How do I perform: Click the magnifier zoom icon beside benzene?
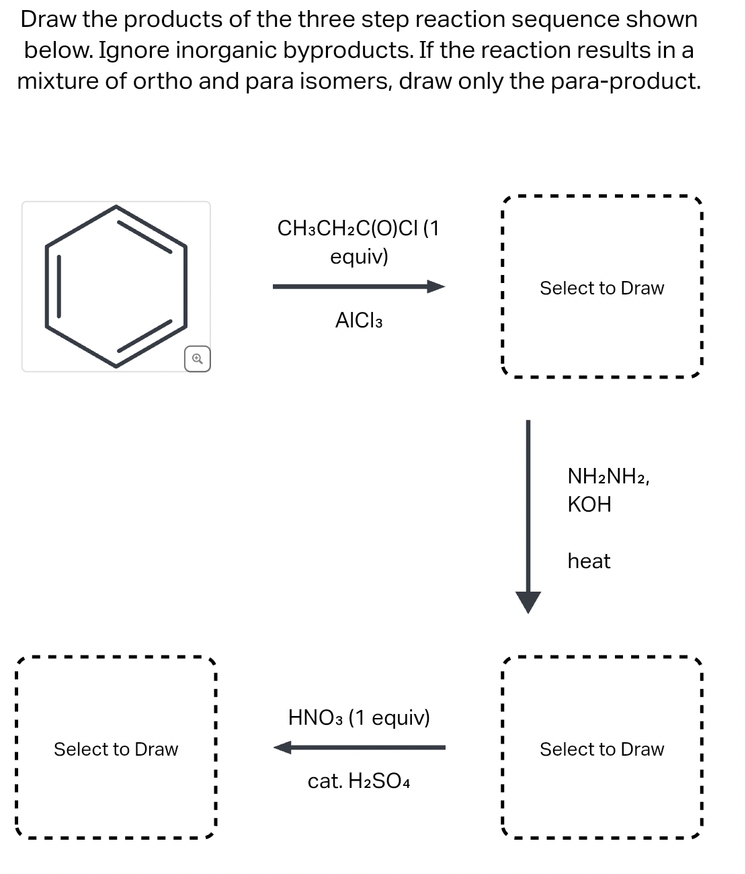coord(197,359)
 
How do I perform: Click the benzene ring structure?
coord(116,286)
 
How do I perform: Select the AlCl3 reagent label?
coord(359,321)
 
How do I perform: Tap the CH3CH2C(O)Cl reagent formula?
coord(348,229)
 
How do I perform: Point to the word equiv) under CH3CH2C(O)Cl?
coord(359,257)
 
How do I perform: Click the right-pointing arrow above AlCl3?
coord(359,287)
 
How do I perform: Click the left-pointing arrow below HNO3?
coord(359,747)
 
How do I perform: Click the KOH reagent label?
coord(589,504)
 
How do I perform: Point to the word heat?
coord(589,561)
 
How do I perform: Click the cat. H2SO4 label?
coord(359,781)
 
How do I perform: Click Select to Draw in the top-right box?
coord(602,288)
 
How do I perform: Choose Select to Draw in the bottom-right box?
coord(602,749)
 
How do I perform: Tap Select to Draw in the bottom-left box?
coord(116,749)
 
